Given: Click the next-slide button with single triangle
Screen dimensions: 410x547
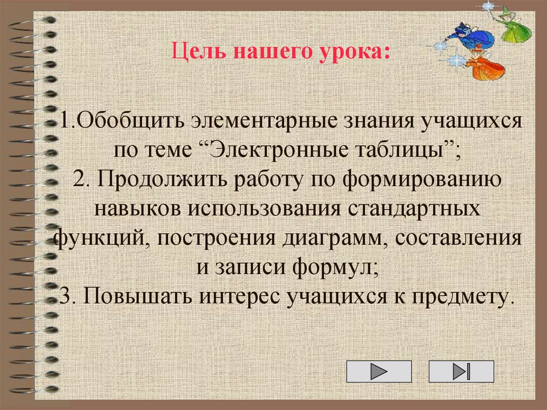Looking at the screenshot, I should click(379, 372).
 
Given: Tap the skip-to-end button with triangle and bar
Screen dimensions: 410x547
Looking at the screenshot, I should click(461, 372).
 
